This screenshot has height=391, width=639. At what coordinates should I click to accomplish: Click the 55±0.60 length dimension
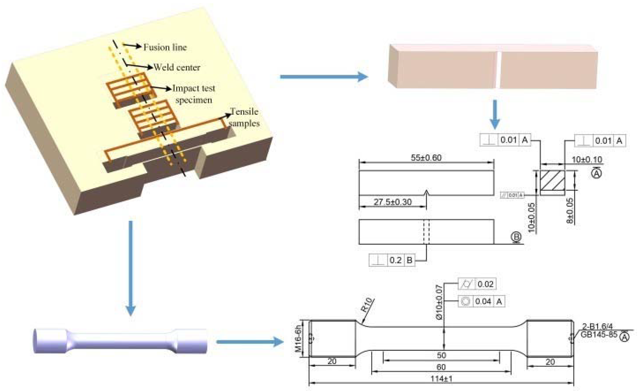[426, 158]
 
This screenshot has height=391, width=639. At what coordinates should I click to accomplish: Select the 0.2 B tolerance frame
[392, 260]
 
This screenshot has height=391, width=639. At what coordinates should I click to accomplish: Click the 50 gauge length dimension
[441, 355]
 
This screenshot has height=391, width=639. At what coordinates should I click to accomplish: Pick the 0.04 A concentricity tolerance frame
[481, 301]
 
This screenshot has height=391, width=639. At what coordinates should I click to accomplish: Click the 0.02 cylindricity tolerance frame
[477, 284]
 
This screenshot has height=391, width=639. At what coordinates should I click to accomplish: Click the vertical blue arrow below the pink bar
[495, 114]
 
